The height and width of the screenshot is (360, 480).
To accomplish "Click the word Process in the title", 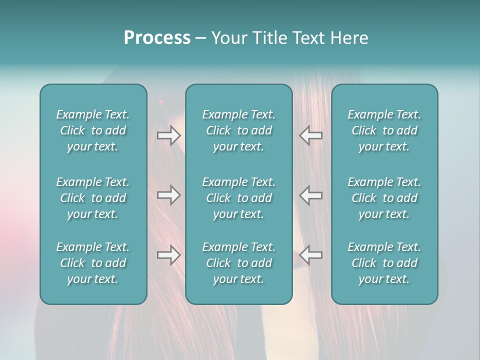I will coord(157,38).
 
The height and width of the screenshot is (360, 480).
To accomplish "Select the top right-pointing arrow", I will coord(169,135).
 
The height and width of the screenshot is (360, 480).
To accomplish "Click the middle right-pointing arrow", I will coord(169,194).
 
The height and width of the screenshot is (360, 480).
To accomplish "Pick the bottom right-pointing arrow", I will coord(169,255).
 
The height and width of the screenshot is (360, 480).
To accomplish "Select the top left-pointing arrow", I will coord(311,135).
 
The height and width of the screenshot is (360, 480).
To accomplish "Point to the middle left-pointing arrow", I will coord(311,194).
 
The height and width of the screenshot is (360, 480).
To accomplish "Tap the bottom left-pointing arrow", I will coord(311,255).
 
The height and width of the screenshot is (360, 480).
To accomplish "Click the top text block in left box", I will coord(93,130).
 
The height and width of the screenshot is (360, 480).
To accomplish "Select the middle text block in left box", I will coord(93,198).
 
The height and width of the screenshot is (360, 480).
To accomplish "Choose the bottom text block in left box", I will coord(93,263).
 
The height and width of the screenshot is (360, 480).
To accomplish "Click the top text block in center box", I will coord(239,130).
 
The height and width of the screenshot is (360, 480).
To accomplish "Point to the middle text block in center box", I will coord(239,198).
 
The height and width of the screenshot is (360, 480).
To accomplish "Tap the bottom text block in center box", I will coord(239,263).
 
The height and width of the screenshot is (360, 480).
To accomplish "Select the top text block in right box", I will coord(384,130).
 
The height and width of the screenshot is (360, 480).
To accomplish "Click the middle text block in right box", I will coord(384,198).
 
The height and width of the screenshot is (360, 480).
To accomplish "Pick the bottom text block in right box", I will coord(384,263).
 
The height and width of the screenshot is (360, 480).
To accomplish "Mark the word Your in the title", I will coord(229,38).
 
